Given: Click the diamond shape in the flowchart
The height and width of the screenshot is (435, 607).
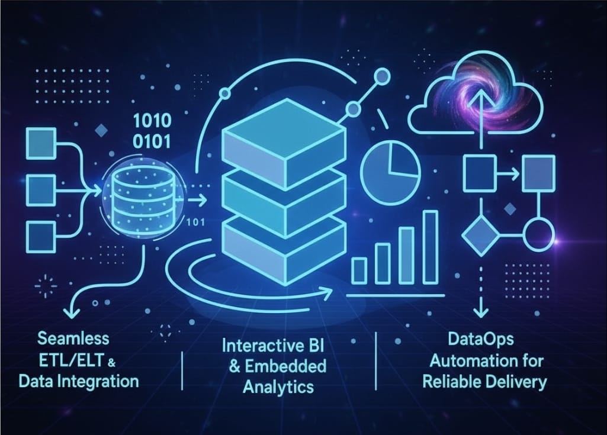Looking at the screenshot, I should (x=481, y=235).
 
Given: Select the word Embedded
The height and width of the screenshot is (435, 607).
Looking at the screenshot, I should (x=285, y=366).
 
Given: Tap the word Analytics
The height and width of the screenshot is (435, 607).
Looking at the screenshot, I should (x=278, y=387).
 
